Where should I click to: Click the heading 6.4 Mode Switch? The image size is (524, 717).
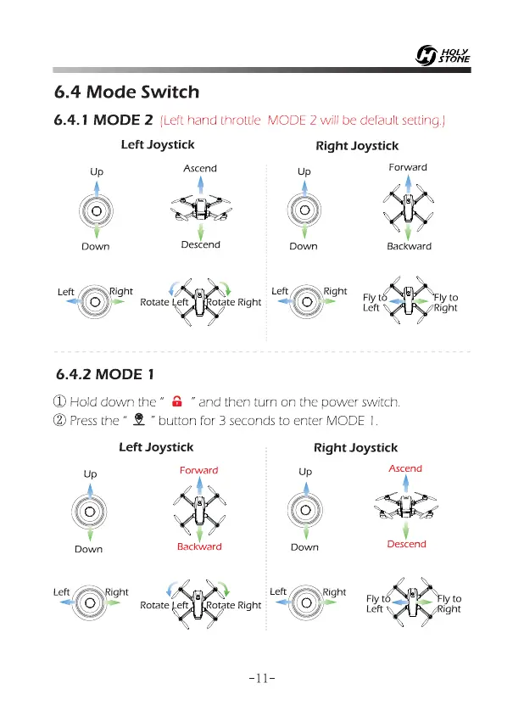pos(125,92)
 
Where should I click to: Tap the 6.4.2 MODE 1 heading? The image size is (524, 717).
pos(103,374)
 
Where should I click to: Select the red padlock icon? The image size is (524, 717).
pos(178,401)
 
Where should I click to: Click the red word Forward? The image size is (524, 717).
pos(198,470)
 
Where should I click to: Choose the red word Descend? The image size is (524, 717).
pos(406,544)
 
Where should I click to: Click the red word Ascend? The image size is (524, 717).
pos(405,468)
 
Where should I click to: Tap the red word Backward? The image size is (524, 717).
pos(199,546)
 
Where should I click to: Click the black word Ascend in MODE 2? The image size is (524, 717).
pos(200,168)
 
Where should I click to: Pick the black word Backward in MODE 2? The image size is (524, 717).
pos(409,246)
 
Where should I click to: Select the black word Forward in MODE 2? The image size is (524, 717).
pos(408,167)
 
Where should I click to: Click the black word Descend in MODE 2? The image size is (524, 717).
pos(201,244)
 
